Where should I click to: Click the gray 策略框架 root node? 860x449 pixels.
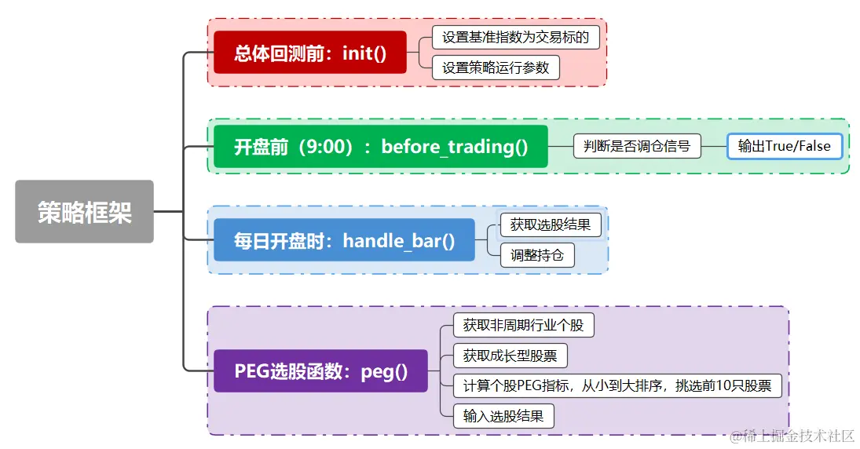[x=84, y=212]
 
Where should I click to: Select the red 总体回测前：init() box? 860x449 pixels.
[x=310, y=53]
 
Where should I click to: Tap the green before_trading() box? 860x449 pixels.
[x=380, y=147]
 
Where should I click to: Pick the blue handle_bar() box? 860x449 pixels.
[x=344, y=239]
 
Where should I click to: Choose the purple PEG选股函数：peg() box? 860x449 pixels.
[x=320, y=371]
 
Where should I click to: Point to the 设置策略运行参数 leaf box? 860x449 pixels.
[x=496, y=68]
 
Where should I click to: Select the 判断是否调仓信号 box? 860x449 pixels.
[x=636, y=146]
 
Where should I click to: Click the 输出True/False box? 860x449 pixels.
[x=784, y=146]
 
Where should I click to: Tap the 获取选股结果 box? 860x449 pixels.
[x=551, y=224]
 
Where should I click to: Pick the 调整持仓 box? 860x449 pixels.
[x=537, y=255]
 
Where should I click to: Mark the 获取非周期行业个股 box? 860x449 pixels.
[x=523, y=325]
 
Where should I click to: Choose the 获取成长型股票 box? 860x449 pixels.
[x=510, y=356]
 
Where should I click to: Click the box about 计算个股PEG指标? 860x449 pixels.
[x=617, y=385]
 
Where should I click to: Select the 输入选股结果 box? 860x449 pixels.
[x=503, y=416]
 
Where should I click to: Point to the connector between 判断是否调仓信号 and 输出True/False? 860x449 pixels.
[x=714, y=146]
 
